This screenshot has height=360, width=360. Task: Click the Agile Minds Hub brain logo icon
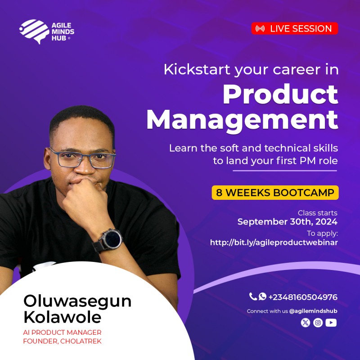[x=34, y=31]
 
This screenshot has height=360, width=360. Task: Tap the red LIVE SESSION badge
[x=295, y=29]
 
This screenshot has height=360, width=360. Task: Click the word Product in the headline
[x=280, y=94]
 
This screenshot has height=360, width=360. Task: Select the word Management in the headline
[x=242, y=120]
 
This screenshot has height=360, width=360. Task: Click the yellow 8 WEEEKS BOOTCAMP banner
[x=275, y=193]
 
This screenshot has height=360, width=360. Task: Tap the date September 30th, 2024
[x=288, y=222]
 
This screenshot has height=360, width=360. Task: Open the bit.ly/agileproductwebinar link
[x=274, y=243]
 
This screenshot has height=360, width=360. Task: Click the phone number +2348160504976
[x=303, y=297]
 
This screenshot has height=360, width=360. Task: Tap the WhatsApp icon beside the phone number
[x=262, y=297]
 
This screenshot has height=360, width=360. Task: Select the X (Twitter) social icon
[x=306, y=322]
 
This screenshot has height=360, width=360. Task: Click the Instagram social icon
[x=318, y=322]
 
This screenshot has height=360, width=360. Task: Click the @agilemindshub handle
[x=313, y=311]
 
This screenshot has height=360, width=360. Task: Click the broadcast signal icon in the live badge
[x=260, y=29]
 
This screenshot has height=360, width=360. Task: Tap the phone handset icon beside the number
[x=253, y=297]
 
